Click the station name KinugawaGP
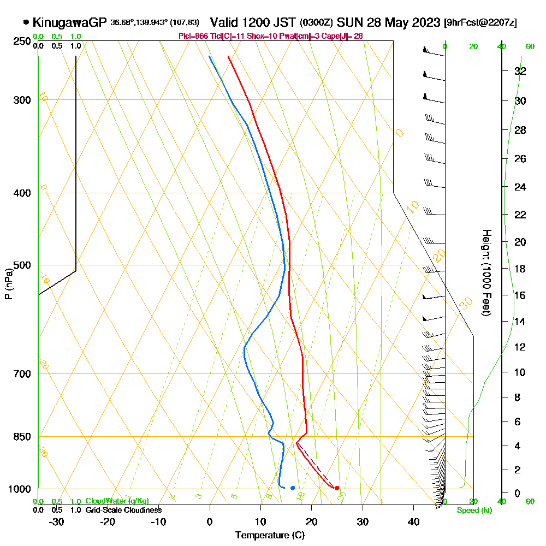point(69,22)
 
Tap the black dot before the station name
point(26,22)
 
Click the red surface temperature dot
point(337,488)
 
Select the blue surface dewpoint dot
point(293,488)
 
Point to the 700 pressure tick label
point(22,374)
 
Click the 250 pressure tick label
point(22,41)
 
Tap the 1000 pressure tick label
point(20,489)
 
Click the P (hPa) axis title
point(8,284)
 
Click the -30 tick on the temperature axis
point(57,521)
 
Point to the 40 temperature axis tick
point(413,521)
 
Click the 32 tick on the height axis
point(520,71)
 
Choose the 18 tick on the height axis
point(520,269)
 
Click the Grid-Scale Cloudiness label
point(123,510)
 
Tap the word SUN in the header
point(348,22)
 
